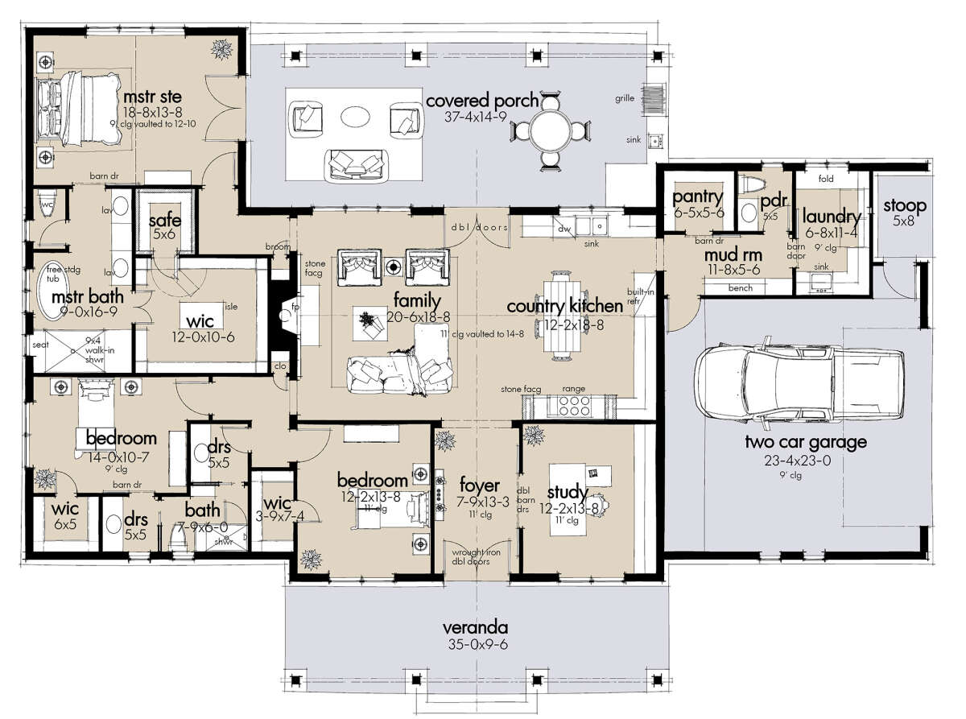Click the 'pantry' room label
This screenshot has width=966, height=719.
click(x=698, y=197)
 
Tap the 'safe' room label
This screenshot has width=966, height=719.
click(x=165, y=221)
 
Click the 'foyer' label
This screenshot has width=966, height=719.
click(x=480, y=486)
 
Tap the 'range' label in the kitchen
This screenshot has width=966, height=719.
click(x=574, y=389)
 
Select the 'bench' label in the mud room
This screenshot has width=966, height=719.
click(x=739, y=287)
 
